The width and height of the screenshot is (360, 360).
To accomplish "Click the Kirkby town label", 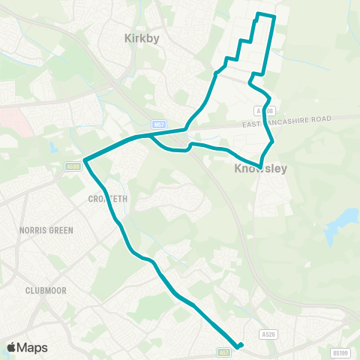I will click(142, 38).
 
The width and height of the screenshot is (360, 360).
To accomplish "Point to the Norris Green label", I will click(46, 230).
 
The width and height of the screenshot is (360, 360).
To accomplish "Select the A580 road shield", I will click(73, 166).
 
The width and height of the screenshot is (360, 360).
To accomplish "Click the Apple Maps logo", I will click(27, 347).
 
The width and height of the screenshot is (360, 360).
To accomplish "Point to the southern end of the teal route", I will click(240, 346).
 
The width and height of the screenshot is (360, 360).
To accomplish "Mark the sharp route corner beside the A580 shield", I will click(85, 160).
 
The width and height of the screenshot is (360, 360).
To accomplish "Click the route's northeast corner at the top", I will click(275, 16).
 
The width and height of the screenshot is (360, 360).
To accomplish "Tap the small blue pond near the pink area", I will click(52, 147).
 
